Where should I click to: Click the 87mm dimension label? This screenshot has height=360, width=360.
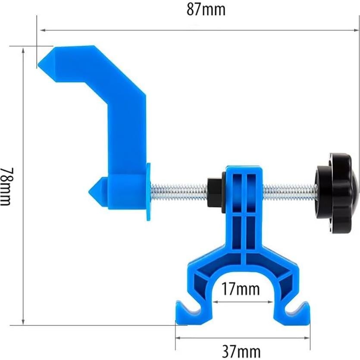(206, 9)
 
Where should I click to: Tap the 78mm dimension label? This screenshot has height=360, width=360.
(6, 185)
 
